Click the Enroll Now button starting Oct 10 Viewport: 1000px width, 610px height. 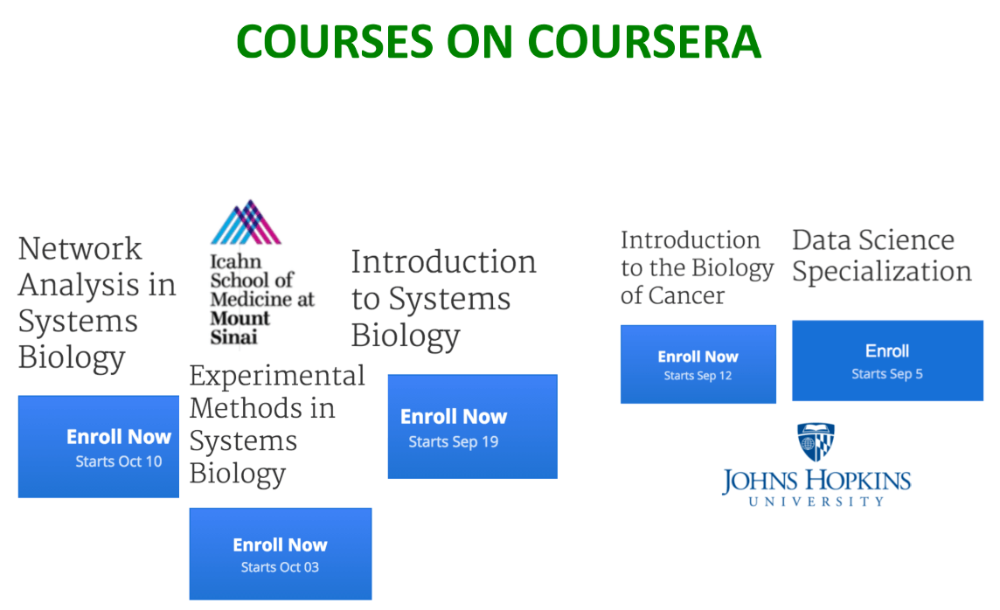[x=98, y=447]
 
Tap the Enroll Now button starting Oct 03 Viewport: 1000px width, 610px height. [x=281, y=553]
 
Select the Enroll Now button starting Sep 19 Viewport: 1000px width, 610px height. [x=473, y=426]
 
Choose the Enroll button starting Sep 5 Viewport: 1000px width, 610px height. [x=888, y=360]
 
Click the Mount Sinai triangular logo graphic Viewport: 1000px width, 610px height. [x=246, y=222]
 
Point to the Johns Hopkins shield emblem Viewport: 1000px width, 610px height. [x=816, y=441]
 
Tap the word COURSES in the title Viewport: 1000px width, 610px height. [x=335, y=42]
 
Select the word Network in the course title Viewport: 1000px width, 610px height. [x=80, y=248]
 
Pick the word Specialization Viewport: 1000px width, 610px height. [x=882, y=272]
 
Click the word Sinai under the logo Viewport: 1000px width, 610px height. [x=233, y=336]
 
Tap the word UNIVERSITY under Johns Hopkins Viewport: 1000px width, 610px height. [x=816, y=501]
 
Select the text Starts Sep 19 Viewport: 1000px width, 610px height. [x=454, y=441]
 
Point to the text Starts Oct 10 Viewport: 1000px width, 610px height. [x=119, y=461]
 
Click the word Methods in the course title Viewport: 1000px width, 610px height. [x=262, y=408]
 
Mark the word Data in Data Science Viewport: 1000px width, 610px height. [x=820, y=240]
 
